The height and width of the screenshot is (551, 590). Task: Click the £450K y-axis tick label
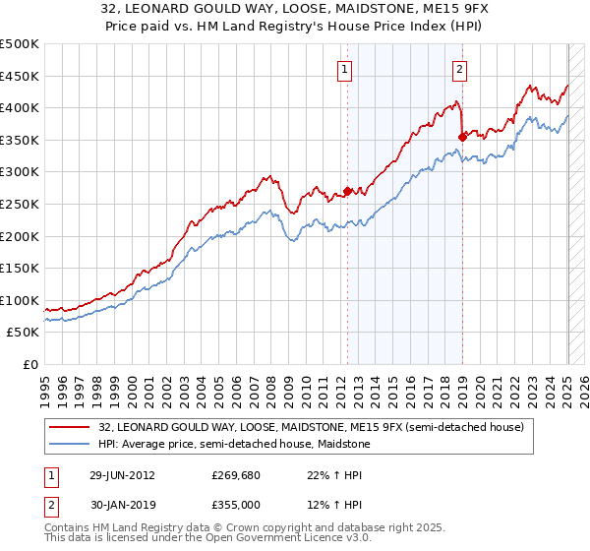(20, 76)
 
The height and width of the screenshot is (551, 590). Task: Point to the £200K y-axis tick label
(20, 236)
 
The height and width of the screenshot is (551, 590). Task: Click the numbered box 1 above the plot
(346, 69)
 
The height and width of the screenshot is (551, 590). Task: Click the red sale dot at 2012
(347, 192)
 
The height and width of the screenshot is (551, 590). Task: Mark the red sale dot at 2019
(462, 137)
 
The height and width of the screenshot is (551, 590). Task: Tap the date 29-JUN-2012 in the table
(122, 474)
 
